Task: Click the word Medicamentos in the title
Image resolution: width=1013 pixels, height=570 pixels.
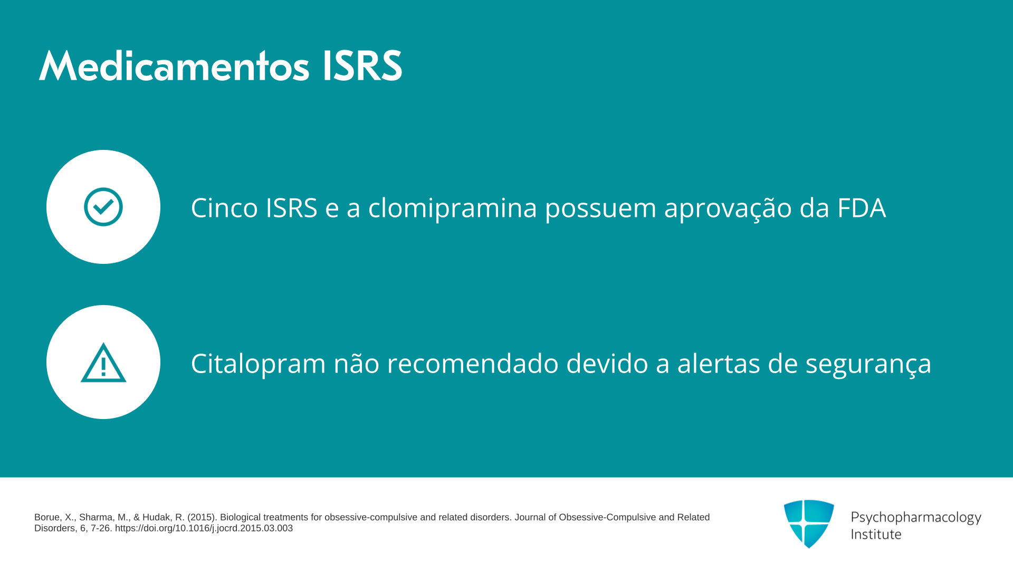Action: tap(174, 66)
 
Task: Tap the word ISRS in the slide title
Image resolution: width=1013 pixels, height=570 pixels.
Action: tap(362, 66)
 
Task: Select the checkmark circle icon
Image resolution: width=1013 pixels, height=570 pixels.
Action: tap(103, 207)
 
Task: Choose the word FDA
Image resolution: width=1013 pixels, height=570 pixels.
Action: tap(861, 207)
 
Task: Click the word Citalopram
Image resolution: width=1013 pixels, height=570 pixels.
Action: tap(259, 364)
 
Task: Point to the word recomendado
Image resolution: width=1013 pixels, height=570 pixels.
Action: tap(473, 364)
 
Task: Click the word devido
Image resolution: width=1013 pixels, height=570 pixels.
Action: tap(607, 364)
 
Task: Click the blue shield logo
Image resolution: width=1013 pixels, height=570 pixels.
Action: tap(809, 524)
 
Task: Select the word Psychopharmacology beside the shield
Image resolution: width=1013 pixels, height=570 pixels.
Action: tap(916, 518)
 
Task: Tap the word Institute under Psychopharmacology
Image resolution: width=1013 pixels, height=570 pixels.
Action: tap(876, 534)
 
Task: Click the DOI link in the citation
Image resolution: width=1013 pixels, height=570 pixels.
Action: tap(204, 528)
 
